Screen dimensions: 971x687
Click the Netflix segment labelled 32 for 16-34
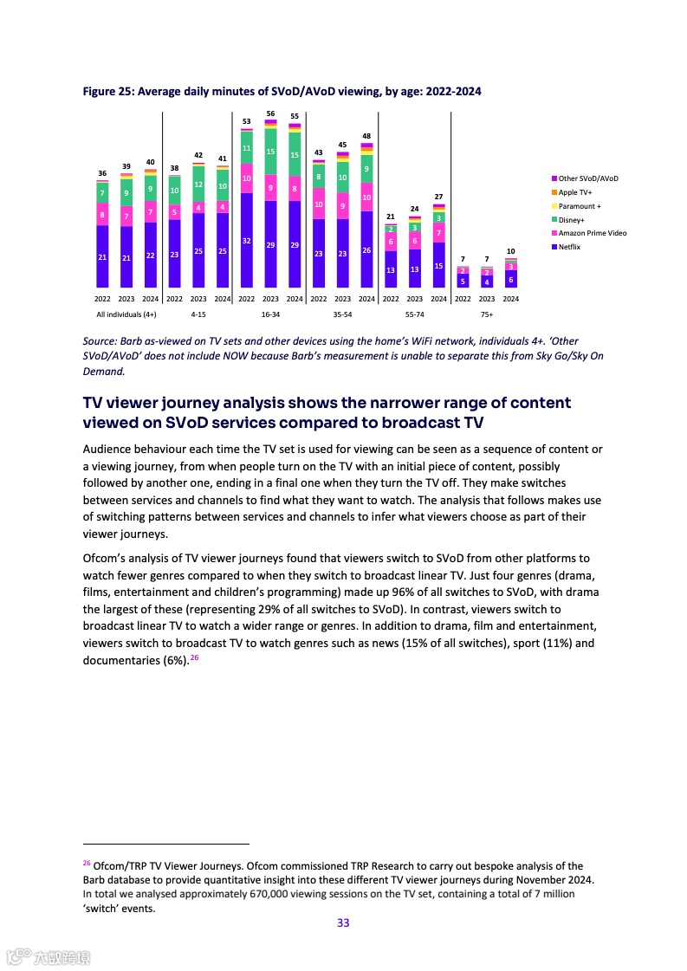point(247,240)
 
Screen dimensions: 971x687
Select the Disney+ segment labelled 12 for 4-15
point(198,184)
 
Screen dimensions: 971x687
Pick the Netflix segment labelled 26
point(366,249)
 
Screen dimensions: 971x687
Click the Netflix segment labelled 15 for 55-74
point(439,265)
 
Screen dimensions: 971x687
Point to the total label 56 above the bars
point(270,113)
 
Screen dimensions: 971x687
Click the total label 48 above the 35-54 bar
point(366,136)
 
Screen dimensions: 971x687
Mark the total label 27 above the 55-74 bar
point(439,197)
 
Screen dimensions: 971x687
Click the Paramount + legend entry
point(580,206)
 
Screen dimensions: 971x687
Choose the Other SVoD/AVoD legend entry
point(588,178)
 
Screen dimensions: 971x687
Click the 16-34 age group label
point(270,314)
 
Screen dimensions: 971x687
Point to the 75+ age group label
point(487,314)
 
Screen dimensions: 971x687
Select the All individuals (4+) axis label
point(126,314)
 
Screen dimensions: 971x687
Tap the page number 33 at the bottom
point(343,922)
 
